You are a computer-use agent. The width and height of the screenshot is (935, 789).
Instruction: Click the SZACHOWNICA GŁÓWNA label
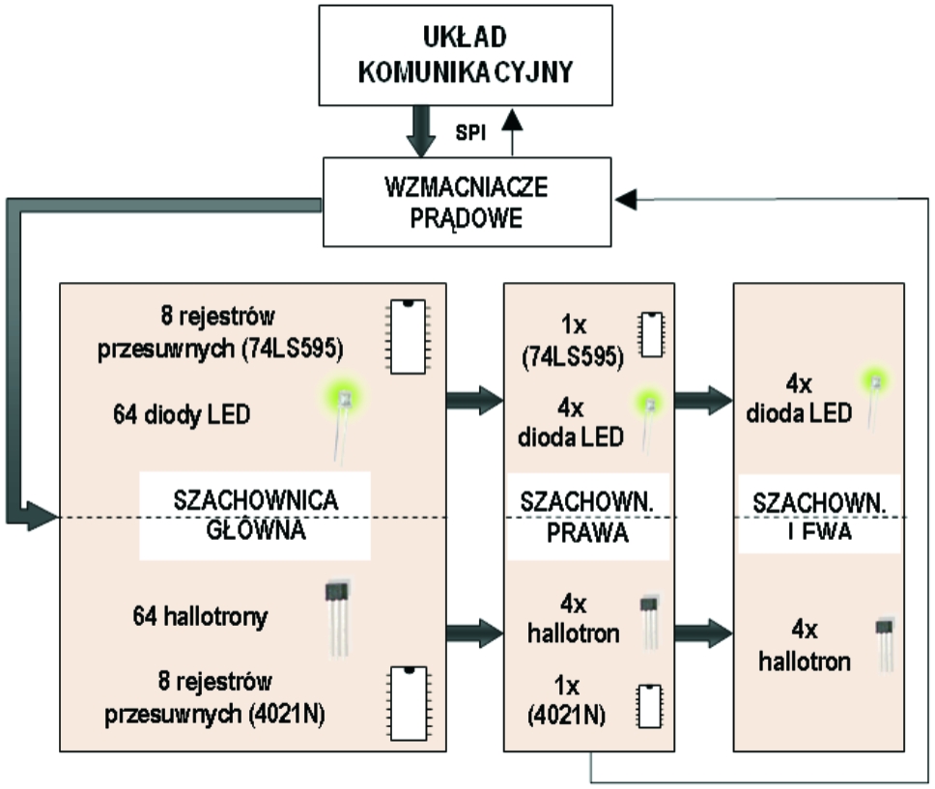pos(255,517)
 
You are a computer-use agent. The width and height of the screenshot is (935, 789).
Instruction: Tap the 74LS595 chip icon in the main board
pos(409,335)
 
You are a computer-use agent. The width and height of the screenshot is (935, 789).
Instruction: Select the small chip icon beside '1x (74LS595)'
pos(650,334)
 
